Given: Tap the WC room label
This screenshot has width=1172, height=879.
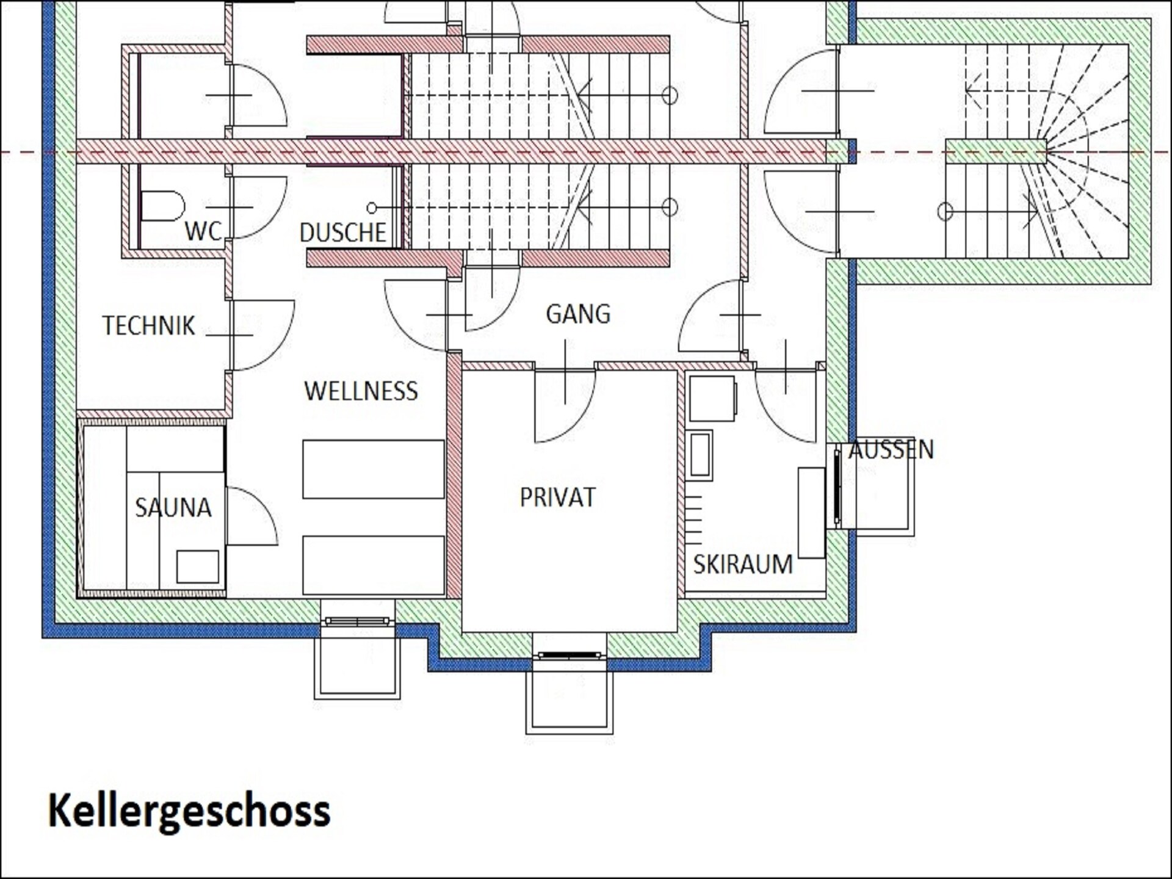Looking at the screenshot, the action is coord(203,231).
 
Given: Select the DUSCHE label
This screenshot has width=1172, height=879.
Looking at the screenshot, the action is coord(343,233).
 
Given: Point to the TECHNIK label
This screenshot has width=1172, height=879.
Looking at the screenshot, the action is coord(148,325).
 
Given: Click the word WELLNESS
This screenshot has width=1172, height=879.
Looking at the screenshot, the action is coord(361,391).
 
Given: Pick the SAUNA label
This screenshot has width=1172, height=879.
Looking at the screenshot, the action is coord(173,507).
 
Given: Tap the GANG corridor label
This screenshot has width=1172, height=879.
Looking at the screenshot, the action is coord(577,314).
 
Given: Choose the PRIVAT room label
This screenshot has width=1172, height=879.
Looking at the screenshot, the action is coord(557,497).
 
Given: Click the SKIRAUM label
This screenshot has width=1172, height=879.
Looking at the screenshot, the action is coord(743,564).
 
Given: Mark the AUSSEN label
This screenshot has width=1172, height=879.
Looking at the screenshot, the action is coord(891,450).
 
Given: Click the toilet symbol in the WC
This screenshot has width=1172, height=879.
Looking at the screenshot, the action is coord(162,206).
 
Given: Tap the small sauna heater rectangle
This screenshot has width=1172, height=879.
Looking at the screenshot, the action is coord(198,566).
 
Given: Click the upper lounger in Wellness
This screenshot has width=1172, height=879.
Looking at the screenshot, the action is coord(374,469).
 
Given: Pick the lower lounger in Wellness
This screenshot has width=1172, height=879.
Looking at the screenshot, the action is coord(374,565).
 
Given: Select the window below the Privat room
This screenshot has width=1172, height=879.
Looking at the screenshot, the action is coord(570,656).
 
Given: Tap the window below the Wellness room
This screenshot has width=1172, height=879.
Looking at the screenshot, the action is coord(357,621).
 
